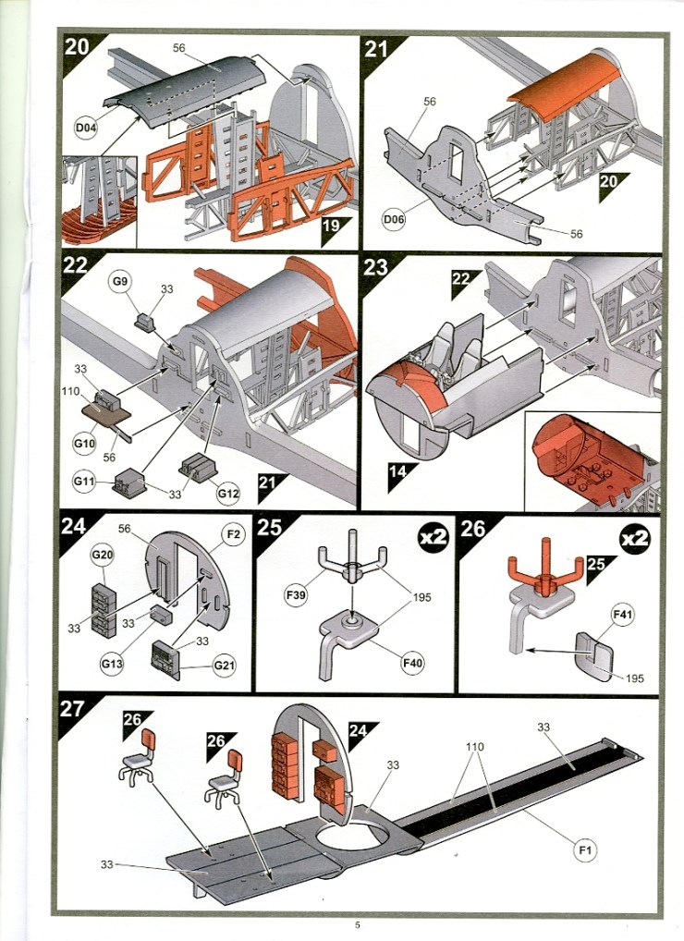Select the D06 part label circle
coord(395,220)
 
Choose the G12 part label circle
coord(228,494)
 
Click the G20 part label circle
coord(101,555)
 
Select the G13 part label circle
coord(111,663)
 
